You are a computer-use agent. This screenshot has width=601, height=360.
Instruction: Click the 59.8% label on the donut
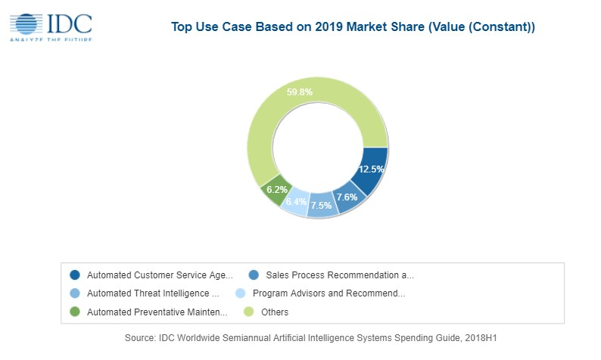point(300,92)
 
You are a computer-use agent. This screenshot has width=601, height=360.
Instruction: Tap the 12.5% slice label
point(371,169)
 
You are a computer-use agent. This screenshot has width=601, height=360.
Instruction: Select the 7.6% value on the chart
point(347,197)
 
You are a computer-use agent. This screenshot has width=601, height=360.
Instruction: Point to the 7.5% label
point(322,206)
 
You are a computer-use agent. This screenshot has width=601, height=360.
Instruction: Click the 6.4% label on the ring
point(296,202)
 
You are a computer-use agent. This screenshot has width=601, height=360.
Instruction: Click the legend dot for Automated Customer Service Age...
point(74,275)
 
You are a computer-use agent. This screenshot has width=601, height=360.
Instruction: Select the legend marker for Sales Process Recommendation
point(254,275)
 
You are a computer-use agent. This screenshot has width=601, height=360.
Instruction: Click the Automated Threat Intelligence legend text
point(153,293)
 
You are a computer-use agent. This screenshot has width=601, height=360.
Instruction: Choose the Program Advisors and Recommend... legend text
point(329,293)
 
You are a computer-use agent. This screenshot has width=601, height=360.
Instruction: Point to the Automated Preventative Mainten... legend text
point(157,312)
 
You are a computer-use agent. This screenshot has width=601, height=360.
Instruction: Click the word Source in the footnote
point(142,338)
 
